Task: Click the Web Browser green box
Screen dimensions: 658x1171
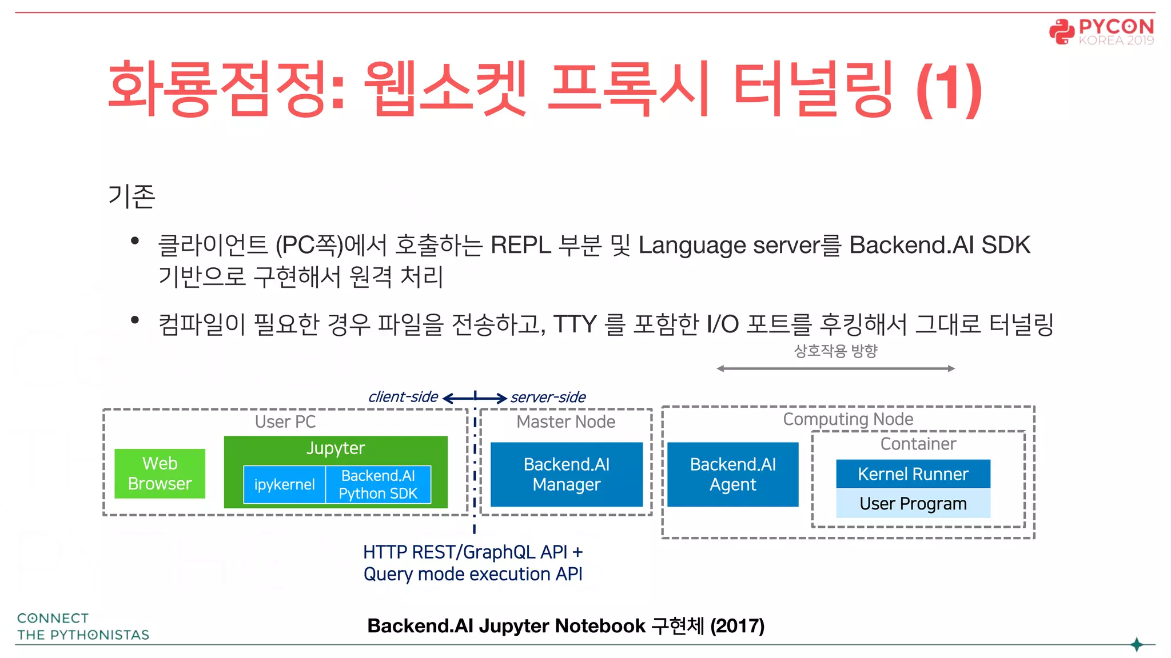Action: coord(160,474)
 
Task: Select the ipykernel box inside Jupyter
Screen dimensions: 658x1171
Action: coord(284,484)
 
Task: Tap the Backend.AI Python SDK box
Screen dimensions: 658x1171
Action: coord(378,484)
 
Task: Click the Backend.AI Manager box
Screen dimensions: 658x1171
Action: coord(566,474)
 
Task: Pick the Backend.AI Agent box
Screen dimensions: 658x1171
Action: coord(732,474)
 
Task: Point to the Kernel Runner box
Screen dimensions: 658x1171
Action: coord(913,474)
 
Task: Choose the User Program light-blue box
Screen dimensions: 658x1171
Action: coord(913,503)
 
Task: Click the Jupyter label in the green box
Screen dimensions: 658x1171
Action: coord(336,448)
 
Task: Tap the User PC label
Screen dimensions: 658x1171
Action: coord(285,422)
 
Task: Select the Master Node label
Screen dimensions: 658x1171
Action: coord(565,422)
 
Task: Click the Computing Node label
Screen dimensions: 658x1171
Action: coord(847,419)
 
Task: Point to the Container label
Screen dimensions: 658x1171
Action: coord(918,444)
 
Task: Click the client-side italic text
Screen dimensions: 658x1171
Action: coord(403,396)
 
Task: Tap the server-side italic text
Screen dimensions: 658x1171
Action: coord(548,397)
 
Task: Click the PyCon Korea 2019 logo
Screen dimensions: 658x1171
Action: coord(1102,31)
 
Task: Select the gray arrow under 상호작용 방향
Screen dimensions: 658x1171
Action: coord(835,368)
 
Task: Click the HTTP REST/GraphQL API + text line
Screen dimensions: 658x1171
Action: coord(473,552)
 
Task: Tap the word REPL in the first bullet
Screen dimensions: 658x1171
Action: coord(520,245)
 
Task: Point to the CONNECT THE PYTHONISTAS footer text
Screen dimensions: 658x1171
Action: coord(83,627)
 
